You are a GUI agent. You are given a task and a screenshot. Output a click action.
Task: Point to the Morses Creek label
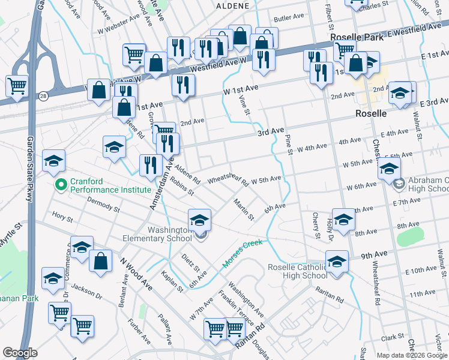tap(243, 254)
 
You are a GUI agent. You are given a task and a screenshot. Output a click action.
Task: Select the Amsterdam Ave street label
tap(160, 183)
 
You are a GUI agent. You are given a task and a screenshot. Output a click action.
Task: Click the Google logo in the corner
tap(20, 353)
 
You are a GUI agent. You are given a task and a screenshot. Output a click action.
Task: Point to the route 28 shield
tap(43, 96)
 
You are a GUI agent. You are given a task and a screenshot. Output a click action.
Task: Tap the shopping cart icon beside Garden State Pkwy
tap(17, 85)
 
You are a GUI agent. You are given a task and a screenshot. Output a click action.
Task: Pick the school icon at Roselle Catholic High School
tap(337, 262)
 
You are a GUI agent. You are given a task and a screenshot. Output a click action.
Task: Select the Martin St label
tap(244, 209)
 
